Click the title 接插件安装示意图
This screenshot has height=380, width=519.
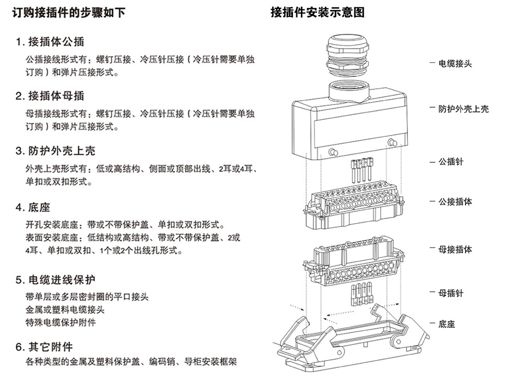pos(317,12)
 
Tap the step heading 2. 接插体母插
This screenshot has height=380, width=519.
pos(50,96)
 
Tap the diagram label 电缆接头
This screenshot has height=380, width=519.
pos(455,63)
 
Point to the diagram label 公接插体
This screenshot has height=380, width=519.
pos(455,202)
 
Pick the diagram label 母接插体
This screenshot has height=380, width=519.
pos(455,249)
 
